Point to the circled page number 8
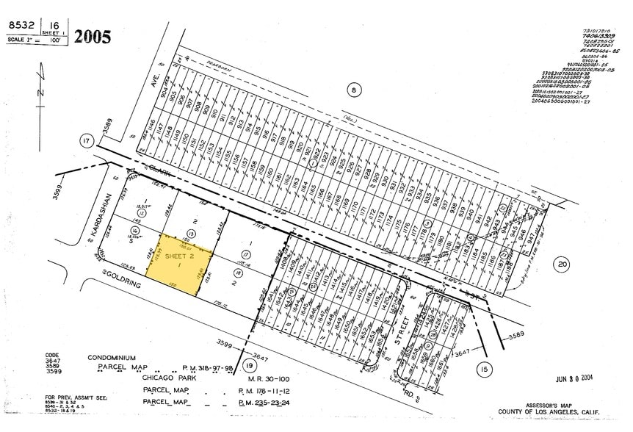click(354, 90)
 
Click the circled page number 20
click(563, 264)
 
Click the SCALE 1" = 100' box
click(25, 39)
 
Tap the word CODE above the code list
click(52, 354)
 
